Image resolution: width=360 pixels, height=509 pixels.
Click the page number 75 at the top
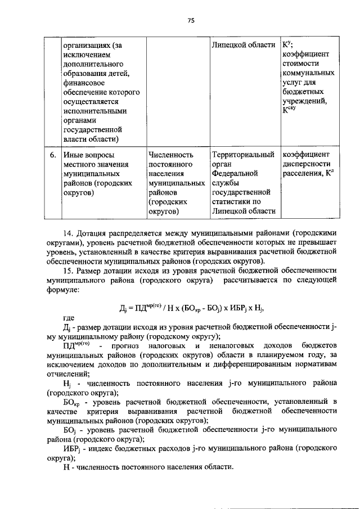(x=191, y=20)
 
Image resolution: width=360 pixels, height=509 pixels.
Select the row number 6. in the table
(x=51, y=154)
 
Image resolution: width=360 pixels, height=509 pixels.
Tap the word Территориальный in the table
(x=243, y=154)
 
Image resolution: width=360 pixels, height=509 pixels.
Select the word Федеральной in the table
(x=235, y=173)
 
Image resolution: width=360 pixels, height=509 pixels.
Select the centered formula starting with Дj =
(x=191, y=308)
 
